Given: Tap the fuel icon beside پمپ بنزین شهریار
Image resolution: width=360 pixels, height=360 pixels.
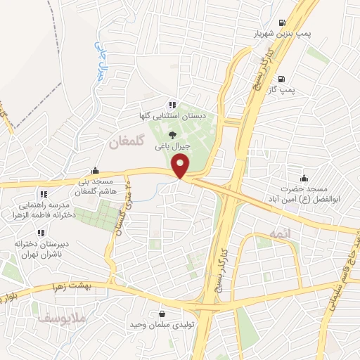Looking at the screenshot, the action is coord(282,22).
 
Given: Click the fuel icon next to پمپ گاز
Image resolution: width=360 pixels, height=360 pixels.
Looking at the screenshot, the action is coord(282,79).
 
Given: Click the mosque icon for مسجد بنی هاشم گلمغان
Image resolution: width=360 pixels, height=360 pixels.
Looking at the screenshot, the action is coord(96,170).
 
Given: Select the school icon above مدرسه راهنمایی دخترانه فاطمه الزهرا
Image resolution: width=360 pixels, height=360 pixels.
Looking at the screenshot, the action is coord(43,193).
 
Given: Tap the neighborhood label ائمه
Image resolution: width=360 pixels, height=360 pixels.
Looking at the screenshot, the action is coord(270,233).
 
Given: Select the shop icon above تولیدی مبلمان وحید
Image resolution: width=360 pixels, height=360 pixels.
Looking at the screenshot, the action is coord(163,314).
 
